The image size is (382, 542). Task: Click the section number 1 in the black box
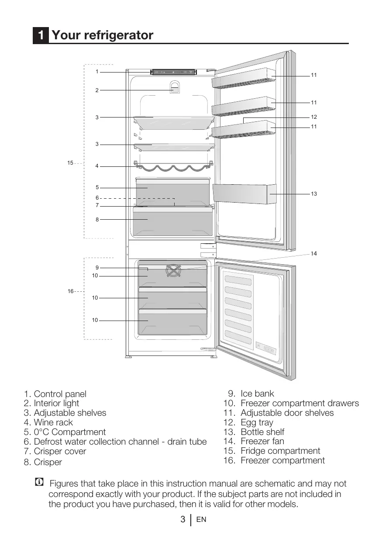tap(41, 35)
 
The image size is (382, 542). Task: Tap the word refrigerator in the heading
tap(118, 35)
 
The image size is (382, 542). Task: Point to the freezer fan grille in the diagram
tap(173, 270)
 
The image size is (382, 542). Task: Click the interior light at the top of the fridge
tap(174, 89)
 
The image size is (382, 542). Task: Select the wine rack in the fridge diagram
tap(174, 166)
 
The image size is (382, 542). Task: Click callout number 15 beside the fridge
tap(70, 163)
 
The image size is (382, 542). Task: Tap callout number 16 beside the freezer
tap(70, 291)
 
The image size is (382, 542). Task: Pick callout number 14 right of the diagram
tap(313, 253)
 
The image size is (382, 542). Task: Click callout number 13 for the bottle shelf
tap(313, 193)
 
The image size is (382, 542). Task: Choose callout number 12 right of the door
tap(313, 117)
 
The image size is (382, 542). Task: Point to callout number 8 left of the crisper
tap(97, 220)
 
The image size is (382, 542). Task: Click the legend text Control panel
tap(60, 394)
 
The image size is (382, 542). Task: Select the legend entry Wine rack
tap(53, 423)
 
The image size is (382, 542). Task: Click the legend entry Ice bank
tap(257, 394)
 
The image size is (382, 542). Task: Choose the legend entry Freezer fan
tap(262, 442)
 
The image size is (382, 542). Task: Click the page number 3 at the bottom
tap(183, 520)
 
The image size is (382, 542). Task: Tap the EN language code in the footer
tap(201, 520)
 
